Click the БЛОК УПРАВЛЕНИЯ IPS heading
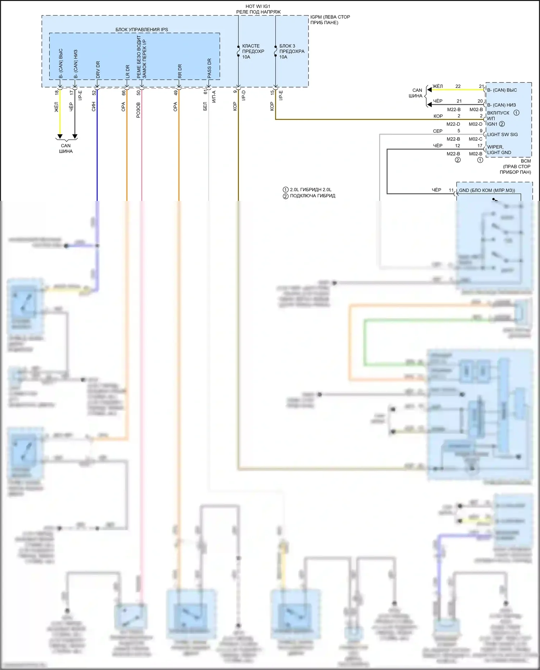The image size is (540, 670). pos(141,30)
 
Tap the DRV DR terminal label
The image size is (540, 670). pos(98,69)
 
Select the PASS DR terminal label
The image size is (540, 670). pos(209,68)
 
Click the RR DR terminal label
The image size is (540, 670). pos(180,71)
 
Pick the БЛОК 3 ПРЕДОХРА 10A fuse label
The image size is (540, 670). pos(292,51)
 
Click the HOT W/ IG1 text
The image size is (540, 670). pos(258,6)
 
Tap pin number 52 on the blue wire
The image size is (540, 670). pos(94,93)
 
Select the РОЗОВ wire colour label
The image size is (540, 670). pos(138,110)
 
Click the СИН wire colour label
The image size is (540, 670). pos(94,107)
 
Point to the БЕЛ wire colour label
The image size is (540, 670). pos(205,107)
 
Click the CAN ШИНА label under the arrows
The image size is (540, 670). pos(66,148)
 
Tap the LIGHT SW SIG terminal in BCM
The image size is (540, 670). pos(502,135)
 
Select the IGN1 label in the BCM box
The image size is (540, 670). pos(492,124)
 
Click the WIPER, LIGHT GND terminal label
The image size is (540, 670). pos(499,150)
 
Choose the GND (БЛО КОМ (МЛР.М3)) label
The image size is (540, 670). pos(487,190)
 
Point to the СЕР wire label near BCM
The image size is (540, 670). pos(437,131)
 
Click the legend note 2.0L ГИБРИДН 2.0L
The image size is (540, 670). pos(310,190)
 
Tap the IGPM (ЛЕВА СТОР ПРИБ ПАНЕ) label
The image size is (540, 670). pos(330,20)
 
